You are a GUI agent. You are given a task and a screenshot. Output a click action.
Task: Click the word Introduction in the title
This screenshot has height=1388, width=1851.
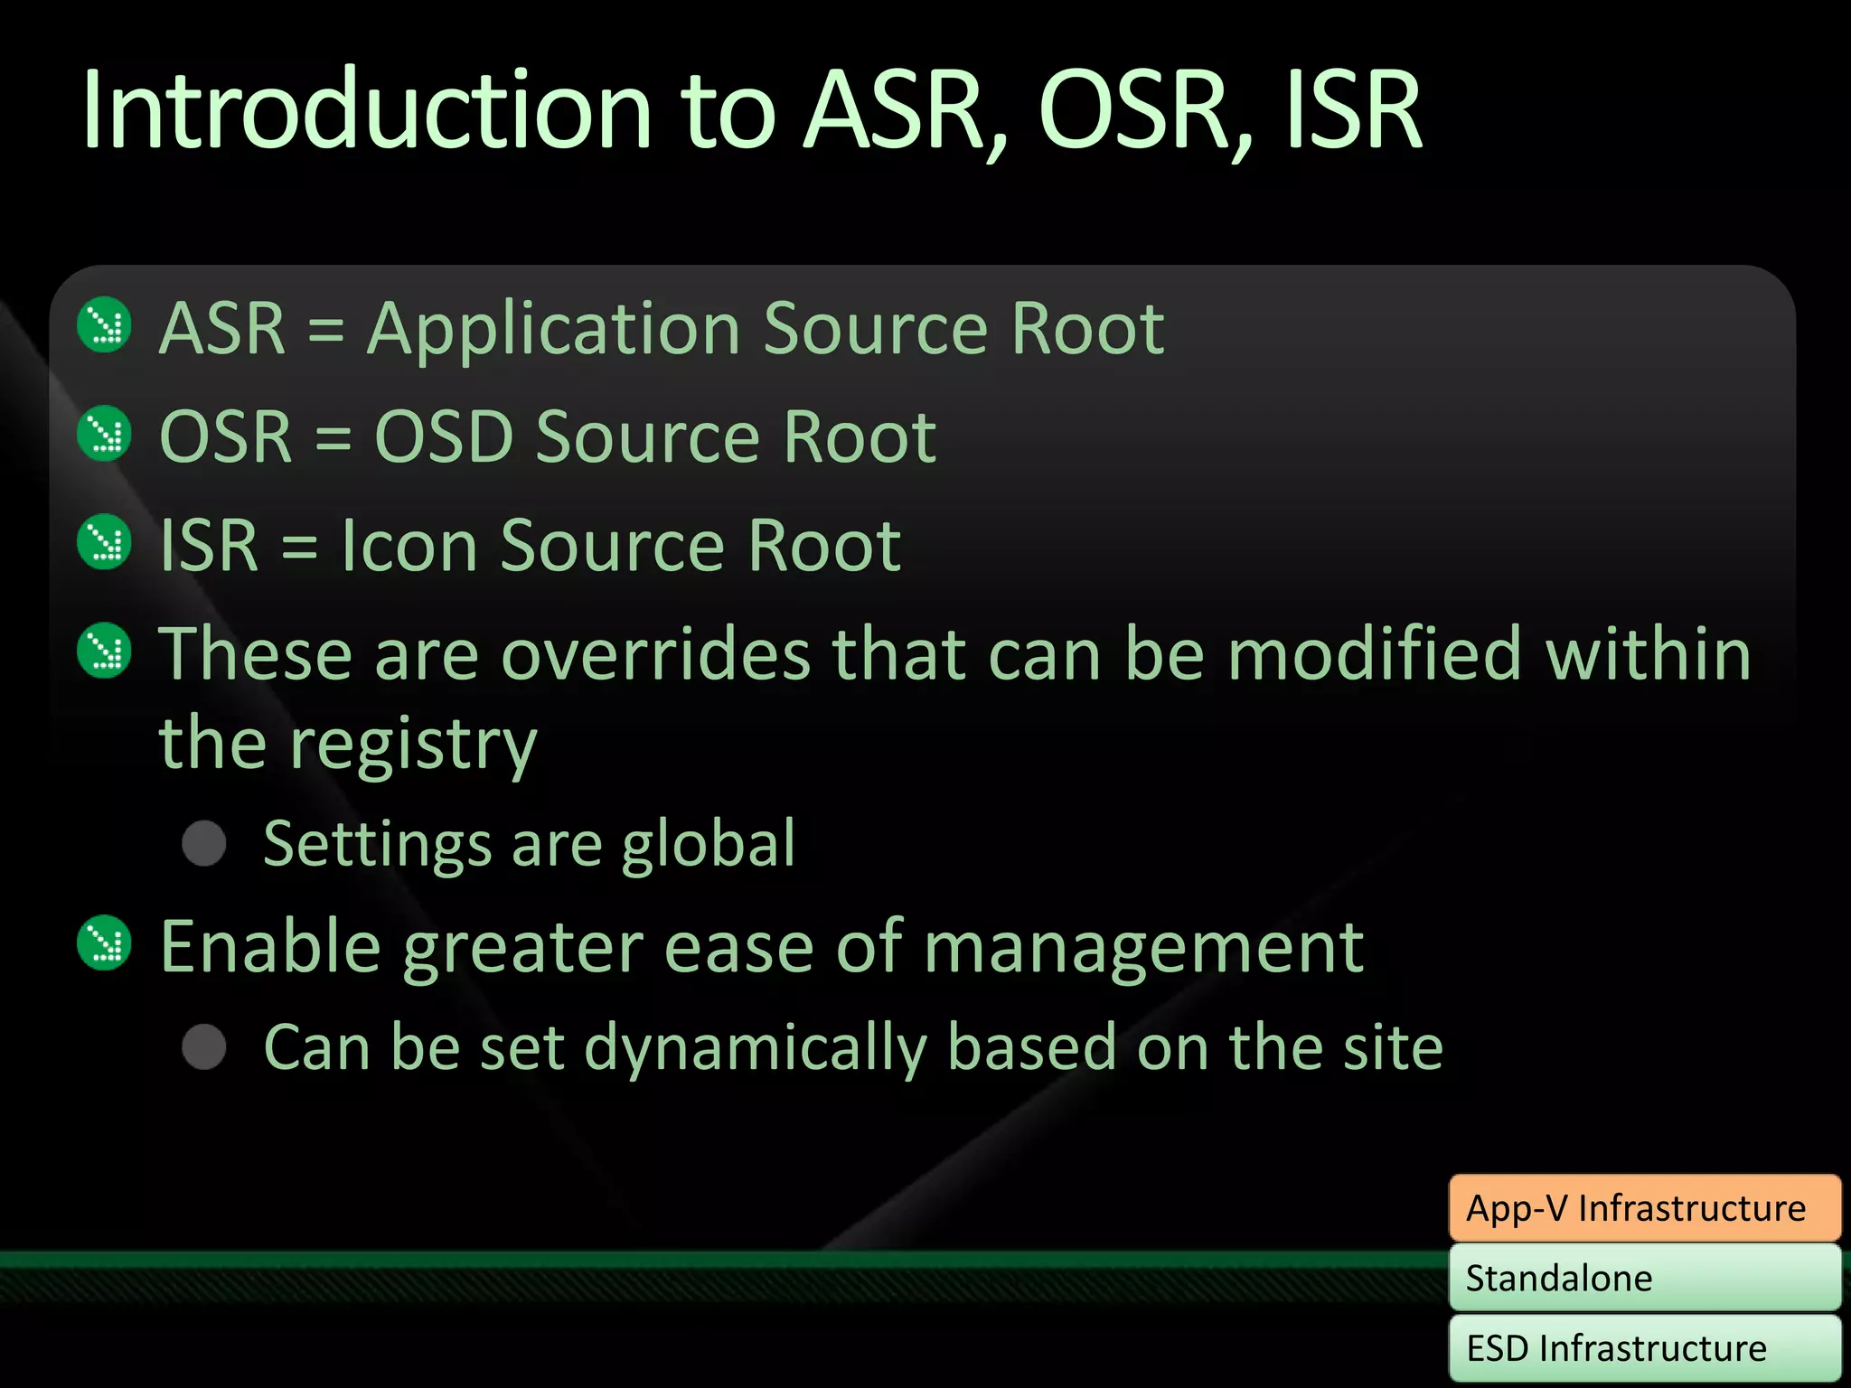click(366, 112)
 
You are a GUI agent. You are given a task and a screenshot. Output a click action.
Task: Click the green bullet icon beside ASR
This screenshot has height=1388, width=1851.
click(105, 325)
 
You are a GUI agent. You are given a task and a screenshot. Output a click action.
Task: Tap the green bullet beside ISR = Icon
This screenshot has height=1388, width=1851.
click(105, 542)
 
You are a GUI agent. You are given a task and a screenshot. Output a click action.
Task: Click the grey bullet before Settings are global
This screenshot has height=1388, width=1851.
click(204, 844)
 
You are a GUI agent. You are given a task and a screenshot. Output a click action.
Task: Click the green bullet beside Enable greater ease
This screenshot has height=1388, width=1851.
click(105, 944)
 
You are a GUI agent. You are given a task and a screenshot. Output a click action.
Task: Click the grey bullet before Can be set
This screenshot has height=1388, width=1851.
click(204, 1047)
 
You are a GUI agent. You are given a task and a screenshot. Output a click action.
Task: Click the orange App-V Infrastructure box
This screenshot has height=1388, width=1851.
click(1644, 1208)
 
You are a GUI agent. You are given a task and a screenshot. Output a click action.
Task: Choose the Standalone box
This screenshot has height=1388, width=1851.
click(1644, 1278)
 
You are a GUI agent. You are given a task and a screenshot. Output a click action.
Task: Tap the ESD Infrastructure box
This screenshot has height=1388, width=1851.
click(1644, 1348)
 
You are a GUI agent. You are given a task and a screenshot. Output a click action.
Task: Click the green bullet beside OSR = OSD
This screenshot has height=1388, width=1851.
click(105, 434)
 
